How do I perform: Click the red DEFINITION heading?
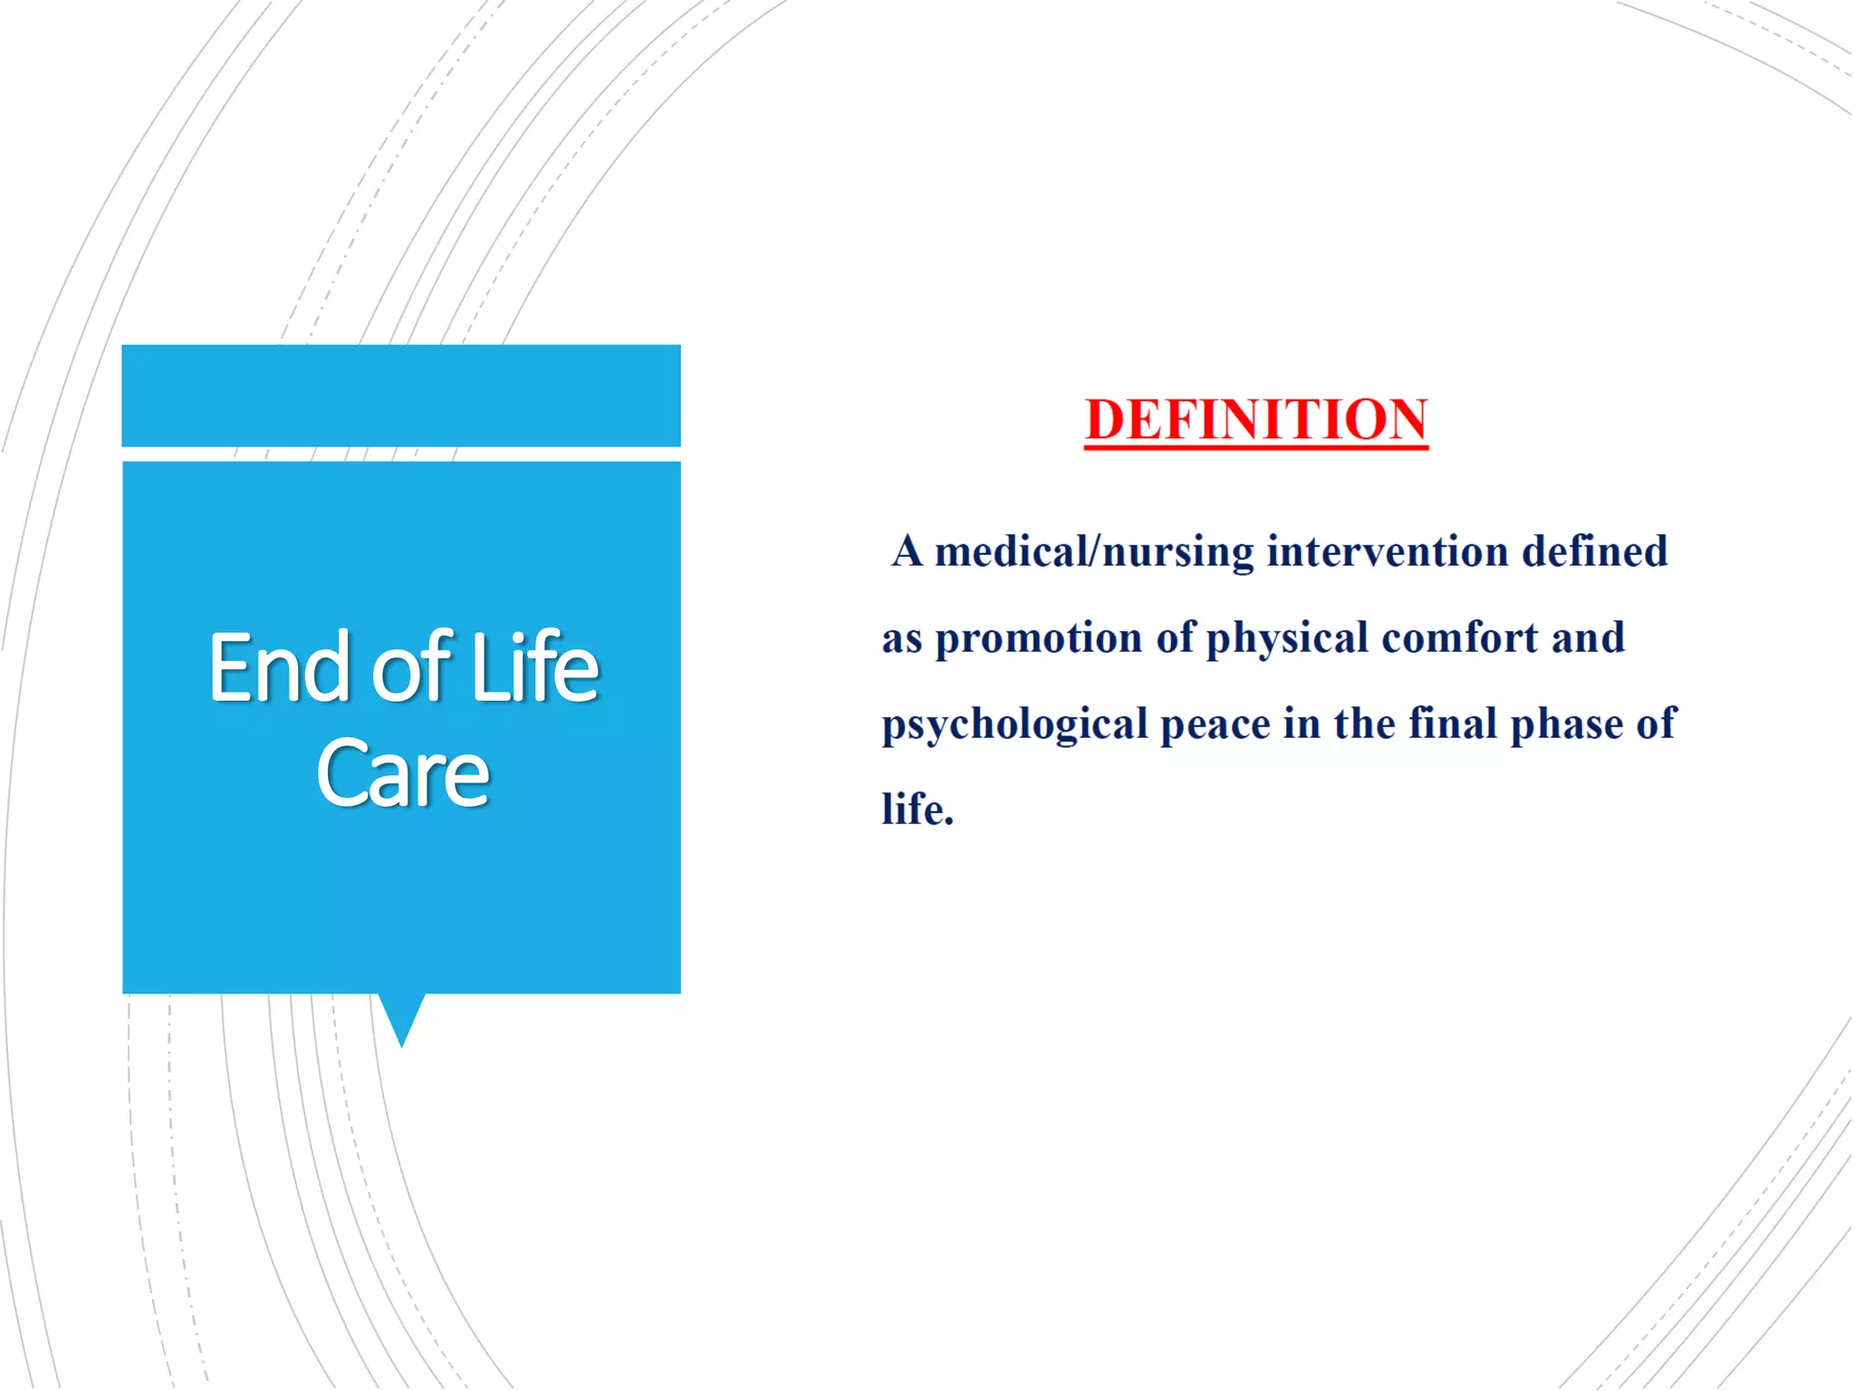pyautogui.click(x=1256, y=420)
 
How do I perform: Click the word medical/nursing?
pyautogui.click(x=1094, y=552)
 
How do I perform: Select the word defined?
pyautogui.click(x=1594, y=552)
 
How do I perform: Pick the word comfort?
pyautogui.click(x=1459, y=638)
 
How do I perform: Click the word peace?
pyautogui.click(x=1216, y=725)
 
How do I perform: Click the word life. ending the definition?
pyautogui.click(x=918, y=810)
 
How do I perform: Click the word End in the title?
pyautogui.click(x=279, y=668)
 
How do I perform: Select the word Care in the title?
pyautogui.click(x=402, y=774)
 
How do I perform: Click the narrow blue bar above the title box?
pyautogui.click(x=401, y=396)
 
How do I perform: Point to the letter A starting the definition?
pyautogui.click(x=907, y=552)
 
